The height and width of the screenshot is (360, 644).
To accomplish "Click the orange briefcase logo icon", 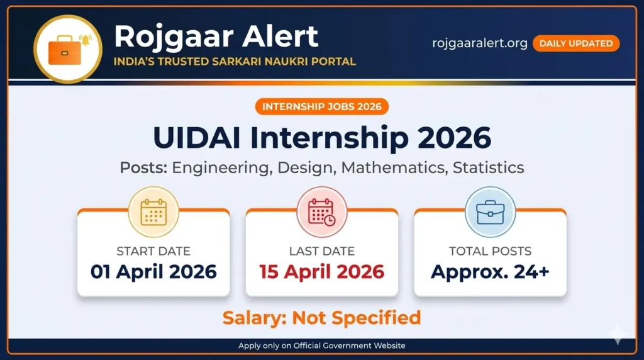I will point(67,48).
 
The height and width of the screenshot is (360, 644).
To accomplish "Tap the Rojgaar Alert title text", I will point(216,37).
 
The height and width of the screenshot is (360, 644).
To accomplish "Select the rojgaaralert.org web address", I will point(480,43).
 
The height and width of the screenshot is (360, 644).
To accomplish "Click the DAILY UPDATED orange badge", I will point(575,43).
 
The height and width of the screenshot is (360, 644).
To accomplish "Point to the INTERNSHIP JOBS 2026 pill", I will point(321,106).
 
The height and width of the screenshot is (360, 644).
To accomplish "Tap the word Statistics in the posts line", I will point(488,168).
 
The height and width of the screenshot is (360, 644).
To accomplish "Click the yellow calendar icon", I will point(153,211).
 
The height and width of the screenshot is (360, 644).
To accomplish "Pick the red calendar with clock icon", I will point(321,211).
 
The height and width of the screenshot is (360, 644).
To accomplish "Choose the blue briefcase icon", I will point(490,211).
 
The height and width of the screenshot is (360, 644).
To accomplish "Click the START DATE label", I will point(153,251).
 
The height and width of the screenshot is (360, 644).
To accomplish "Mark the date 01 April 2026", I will point(153,272).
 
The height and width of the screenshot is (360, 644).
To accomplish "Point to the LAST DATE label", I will point(321,251).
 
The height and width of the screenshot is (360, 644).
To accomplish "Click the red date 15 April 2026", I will point(321,272).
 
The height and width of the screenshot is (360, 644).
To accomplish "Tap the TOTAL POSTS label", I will point(490,251).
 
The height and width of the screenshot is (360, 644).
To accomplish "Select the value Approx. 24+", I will point(490,272).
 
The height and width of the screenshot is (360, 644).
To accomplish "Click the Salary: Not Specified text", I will point(321,318).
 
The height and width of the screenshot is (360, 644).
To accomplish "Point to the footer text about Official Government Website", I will point(321,346).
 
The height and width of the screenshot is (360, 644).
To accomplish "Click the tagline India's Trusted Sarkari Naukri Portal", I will point(235,62).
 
